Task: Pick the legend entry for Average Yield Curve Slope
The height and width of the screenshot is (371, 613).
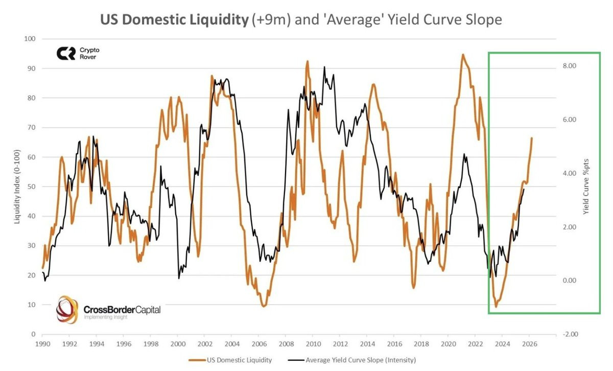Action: point(361,360)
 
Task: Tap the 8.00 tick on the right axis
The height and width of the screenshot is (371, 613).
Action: point(570,66)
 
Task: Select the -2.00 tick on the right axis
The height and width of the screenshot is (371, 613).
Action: point(569,334)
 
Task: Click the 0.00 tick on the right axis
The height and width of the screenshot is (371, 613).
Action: point(570,280)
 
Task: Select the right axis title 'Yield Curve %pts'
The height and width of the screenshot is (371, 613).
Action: point(586,186)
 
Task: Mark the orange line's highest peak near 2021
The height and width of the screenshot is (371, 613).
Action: point(463,54)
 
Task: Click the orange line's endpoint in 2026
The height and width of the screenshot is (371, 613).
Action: point(532,138)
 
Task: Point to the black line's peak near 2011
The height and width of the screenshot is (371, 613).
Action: point(324,66)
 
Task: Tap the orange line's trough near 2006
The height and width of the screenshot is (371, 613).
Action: point(264,306)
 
